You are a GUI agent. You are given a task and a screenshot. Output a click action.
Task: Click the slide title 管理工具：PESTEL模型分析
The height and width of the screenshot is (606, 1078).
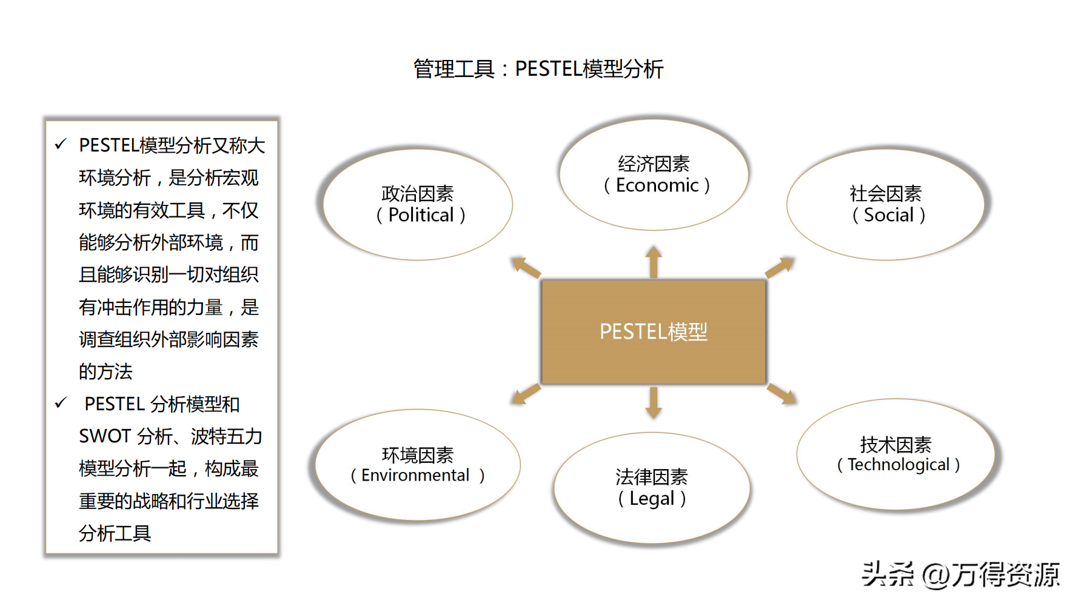tap(538, 69)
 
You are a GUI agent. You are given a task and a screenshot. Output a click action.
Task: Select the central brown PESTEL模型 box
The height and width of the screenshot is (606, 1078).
tap(653, 332)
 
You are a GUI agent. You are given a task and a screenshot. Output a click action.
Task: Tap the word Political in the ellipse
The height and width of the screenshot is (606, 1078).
tap(421, 215)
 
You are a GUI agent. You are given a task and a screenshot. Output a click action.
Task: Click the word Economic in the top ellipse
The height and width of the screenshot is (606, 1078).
tap(657, 185)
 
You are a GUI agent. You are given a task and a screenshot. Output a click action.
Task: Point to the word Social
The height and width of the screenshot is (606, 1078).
tap(888, 215)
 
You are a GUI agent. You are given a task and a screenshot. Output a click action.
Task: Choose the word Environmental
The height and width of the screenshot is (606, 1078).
tap(415, 476)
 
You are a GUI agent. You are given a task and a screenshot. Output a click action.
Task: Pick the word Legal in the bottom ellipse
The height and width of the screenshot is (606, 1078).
tap(652, 499)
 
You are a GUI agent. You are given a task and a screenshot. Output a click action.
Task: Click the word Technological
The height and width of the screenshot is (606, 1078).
tap(899, 465)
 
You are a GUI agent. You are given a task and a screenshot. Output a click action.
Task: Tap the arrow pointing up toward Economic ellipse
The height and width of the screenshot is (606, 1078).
tap(654, 261)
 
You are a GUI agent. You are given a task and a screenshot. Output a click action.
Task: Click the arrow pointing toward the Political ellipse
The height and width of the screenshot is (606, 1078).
tap(525, 267)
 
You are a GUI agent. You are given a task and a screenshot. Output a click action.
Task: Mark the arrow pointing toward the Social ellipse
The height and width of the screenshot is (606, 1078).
tap(780, 267)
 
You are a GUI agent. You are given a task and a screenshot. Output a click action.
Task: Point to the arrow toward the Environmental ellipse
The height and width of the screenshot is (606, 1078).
tap(525, 394)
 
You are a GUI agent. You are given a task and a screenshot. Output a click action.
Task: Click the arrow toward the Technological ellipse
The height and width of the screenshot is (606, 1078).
tap(782, 394)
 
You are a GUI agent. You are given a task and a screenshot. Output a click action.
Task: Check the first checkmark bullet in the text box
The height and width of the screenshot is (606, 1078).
tap(61, 144)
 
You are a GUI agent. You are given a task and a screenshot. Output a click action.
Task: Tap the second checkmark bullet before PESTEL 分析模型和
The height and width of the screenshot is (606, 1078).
tap(61, 403)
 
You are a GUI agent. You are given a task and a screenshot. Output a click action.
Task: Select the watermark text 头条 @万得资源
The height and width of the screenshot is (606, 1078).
tap(960, 574)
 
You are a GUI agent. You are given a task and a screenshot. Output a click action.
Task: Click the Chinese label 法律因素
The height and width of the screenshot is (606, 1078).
tap(652, 478)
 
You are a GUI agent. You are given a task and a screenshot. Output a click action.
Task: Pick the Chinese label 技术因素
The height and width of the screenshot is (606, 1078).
tap(896, 445)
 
